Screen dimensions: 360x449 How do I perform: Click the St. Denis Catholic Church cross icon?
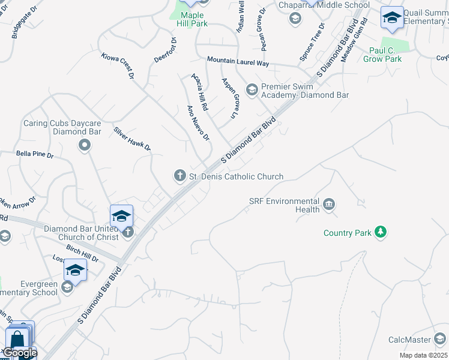[179, 175]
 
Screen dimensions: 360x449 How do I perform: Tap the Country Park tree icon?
[380, 232]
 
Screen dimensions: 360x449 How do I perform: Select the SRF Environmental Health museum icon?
[328, 205]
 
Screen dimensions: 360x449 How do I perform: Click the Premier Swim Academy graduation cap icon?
[252, 89]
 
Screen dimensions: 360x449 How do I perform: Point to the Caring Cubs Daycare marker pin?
[85, 145]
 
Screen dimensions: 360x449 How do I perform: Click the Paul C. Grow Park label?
[385, 55]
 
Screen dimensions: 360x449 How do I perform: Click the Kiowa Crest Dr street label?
[117, 65]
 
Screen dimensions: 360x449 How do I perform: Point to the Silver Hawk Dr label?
[132, 139]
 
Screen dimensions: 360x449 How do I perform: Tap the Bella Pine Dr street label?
[34, 155]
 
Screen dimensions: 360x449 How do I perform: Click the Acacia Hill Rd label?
[199, 92]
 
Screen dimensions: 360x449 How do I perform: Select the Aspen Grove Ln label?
[231, 97]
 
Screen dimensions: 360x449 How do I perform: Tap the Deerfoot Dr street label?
[165, 50]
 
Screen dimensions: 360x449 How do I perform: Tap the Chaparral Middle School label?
[324, 5]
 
